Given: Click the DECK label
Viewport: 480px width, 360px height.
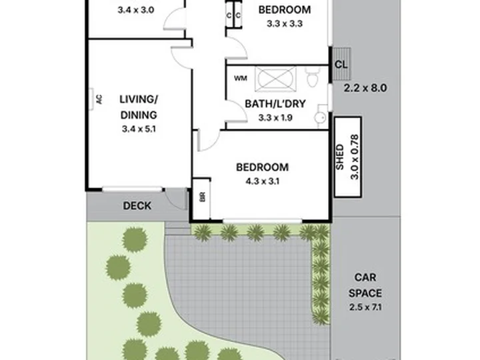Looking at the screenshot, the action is click(137, 206).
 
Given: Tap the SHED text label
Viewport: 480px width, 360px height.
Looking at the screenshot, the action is click(340, 157).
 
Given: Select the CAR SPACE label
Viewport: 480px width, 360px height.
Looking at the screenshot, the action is click(365, 285).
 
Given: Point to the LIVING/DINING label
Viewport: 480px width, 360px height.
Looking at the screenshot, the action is click(139, 107).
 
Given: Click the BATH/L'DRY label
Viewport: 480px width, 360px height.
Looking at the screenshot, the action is click(275, 104).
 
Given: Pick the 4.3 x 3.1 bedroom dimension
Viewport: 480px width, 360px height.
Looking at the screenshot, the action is click(263, 181).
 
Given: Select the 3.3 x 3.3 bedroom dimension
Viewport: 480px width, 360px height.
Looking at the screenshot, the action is click(285, 23).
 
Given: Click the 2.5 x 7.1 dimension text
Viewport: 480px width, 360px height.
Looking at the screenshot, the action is click(365, 307).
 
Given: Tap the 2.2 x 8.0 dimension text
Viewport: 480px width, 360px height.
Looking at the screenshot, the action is click(365, 88).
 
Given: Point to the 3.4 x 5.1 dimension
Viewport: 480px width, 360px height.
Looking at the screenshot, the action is click(139, 129).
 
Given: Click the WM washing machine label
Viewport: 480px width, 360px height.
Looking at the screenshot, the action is click(240, 79).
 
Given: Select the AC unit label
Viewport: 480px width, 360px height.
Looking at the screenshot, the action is click(99, 99).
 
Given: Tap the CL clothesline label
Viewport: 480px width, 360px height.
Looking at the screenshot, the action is click(341, 65).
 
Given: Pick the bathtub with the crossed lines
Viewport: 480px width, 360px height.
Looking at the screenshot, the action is click(275, 79).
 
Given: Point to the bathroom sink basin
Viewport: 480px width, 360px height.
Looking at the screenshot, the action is click(321, 117).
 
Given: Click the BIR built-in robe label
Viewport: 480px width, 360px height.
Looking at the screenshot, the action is click(203, 197).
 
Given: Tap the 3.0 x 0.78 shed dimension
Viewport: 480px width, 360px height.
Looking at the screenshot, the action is click(354, 157).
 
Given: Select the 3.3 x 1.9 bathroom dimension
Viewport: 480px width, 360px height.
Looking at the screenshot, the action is click(275, 117).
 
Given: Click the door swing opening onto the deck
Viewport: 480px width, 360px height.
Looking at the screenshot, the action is click(176, 199).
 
